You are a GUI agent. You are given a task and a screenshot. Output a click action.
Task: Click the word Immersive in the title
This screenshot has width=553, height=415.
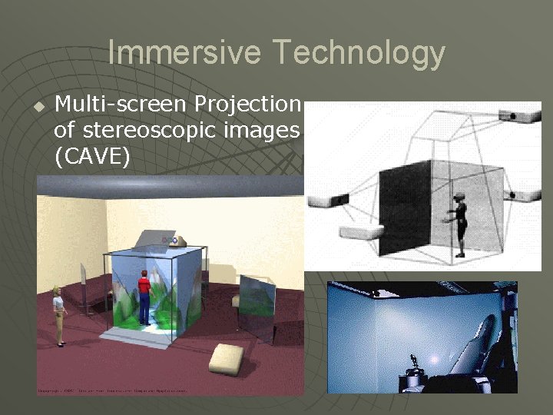(x=185, y=52)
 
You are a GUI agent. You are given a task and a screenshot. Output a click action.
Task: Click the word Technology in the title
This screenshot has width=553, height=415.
(x=358, y=52)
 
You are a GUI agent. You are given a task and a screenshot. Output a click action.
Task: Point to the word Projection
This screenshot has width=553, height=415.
(x=247, y=103)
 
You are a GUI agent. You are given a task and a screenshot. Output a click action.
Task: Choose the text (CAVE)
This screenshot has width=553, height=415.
(x=92, y=158)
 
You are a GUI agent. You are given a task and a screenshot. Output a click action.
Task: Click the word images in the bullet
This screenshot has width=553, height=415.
(x=262, y=131)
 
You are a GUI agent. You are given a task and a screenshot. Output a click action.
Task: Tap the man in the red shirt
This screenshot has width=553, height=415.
(x=144, y=297)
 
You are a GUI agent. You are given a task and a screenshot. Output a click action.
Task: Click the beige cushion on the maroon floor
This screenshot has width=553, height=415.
(x=228, y=358)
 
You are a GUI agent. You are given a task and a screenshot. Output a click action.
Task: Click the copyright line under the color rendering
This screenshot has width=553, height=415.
(x=115, y=390)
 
